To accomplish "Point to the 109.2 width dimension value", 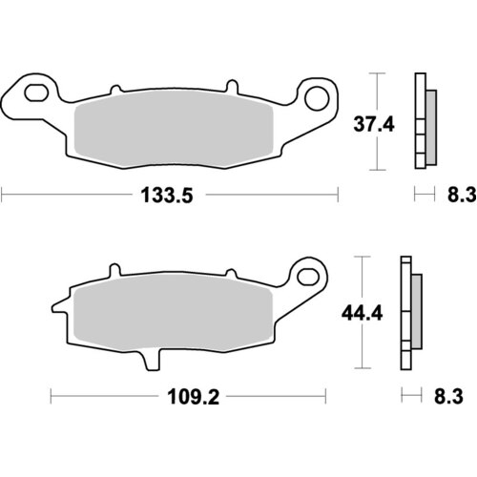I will click(187, 396).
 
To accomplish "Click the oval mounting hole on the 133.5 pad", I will click(37, 94).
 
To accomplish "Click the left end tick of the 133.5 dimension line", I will click(3, 196).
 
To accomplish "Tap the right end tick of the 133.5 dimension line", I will click(339, 196).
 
